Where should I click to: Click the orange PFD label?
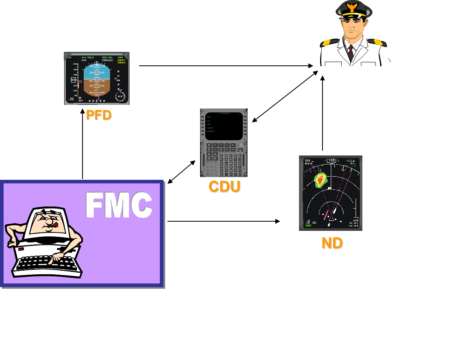point(99,115)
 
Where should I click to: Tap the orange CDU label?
point(224,187)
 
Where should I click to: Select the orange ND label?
point(332,243)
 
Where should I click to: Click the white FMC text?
point(119,205)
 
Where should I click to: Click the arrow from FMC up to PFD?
point(83,148)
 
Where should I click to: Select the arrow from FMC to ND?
point(223,221)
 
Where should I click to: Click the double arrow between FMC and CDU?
point(181,172)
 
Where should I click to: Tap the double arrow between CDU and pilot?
point(285,96)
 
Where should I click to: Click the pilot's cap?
point(352,10)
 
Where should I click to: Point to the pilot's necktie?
point(351,51)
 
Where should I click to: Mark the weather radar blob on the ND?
point(320,180)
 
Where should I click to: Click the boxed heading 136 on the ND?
point(331,160)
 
